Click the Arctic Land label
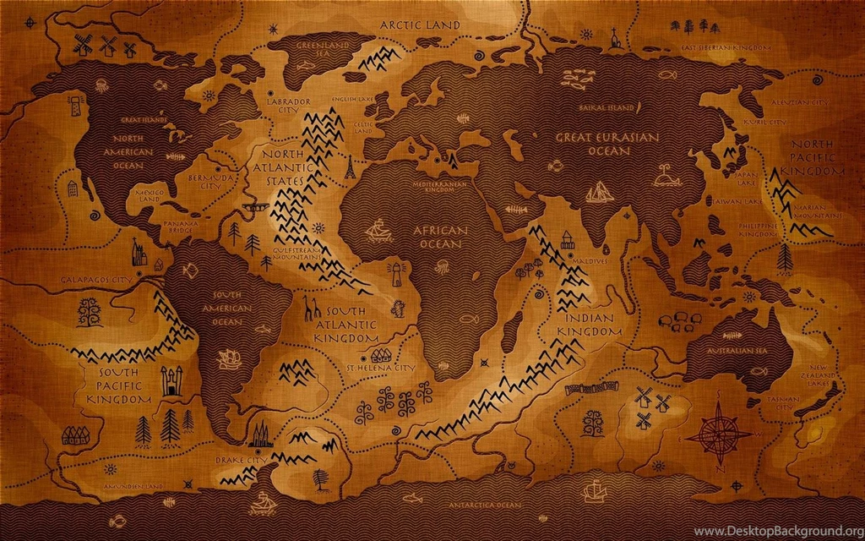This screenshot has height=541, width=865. point(420,25)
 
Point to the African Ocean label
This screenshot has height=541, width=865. point(438,237)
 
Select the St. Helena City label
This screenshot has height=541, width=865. point(381,369)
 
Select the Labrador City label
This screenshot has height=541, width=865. point(289,106)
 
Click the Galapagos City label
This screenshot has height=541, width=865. point(97,278)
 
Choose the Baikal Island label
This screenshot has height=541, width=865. point(606,108)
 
